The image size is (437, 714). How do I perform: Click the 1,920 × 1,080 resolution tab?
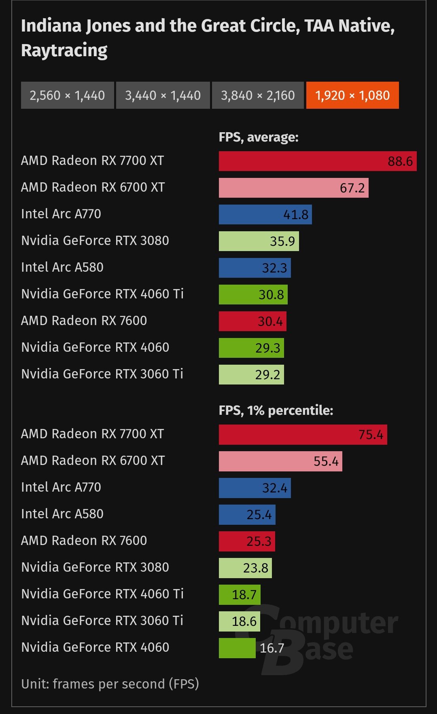(x=352, y=95)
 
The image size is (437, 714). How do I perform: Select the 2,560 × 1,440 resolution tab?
(x=67, y=95)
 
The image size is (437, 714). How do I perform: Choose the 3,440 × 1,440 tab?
(x=163, y=95)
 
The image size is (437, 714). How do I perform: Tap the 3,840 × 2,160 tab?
(x=258, y=95)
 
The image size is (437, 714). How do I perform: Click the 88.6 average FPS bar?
(x=317, y=161)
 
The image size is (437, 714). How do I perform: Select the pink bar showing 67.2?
(x=293, y=188)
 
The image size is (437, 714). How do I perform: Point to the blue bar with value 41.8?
(x=265, y=215)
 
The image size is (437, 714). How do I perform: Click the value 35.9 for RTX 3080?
(x=282, y=241)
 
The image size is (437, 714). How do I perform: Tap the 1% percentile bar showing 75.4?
(x=303, y=435)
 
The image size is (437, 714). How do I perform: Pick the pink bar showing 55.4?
(x=280, y=461)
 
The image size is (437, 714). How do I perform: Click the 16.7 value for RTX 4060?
(x=272, y=648)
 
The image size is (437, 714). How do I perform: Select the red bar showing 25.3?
(x=247, y=541)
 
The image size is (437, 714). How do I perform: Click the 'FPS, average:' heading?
(x=259, y=137)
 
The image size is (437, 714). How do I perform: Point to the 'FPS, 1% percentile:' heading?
(x=276, y=411)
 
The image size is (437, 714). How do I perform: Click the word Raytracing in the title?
(x=64, y=51)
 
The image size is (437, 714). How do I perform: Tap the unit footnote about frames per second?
(x=110, y=684)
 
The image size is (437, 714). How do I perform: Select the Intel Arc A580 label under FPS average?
(x=62, y=267)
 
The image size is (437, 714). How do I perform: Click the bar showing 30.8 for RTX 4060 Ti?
(x=253, y=295)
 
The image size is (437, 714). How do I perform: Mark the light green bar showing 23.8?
(x=245, y=568)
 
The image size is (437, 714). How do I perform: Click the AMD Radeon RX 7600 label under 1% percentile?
(x=84, y=541)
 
